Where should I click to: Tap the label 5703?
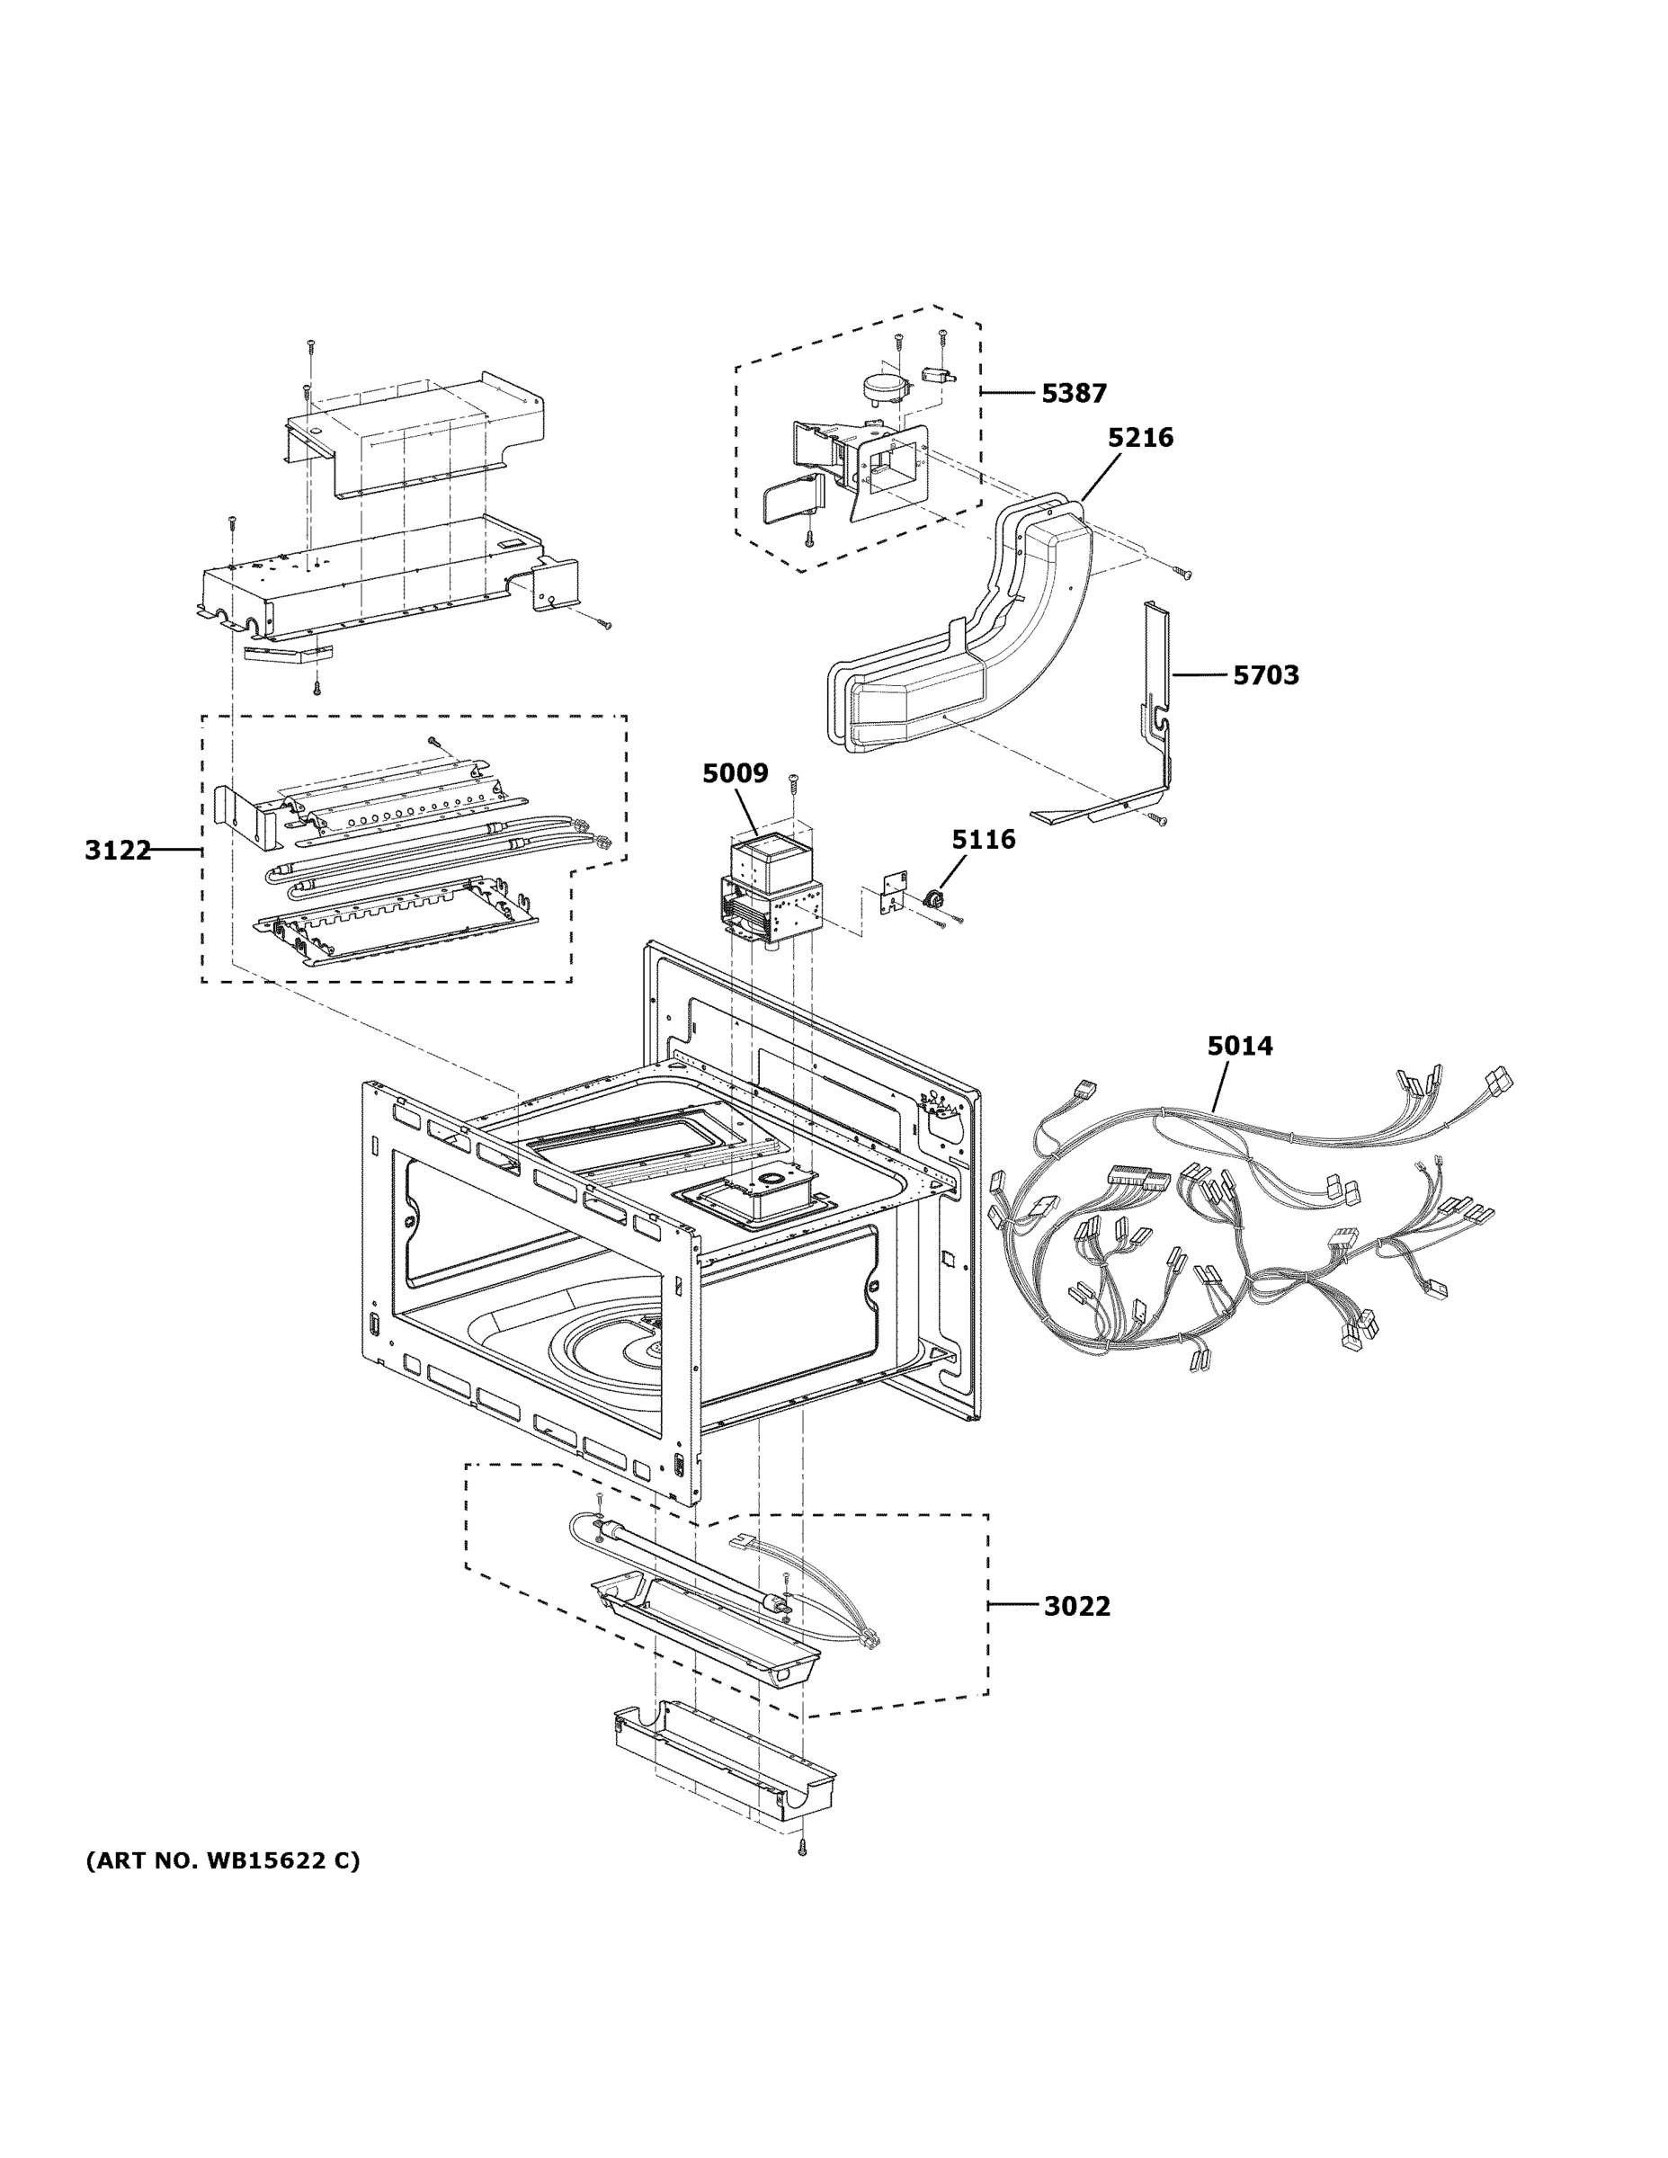[1265, 676]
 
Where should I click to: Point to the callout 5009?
[735, 773]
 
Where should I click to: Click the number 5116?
[982, 840]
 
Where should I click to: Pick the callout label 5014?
[1239, 1046]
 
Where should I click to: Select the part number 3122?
[117, 850]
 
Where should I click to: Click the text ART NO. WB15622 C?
[223, 1861]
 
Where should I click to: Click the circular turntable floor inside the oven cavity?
[602, 1344]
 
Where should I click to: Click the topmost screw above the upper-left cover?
[310, 346]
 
